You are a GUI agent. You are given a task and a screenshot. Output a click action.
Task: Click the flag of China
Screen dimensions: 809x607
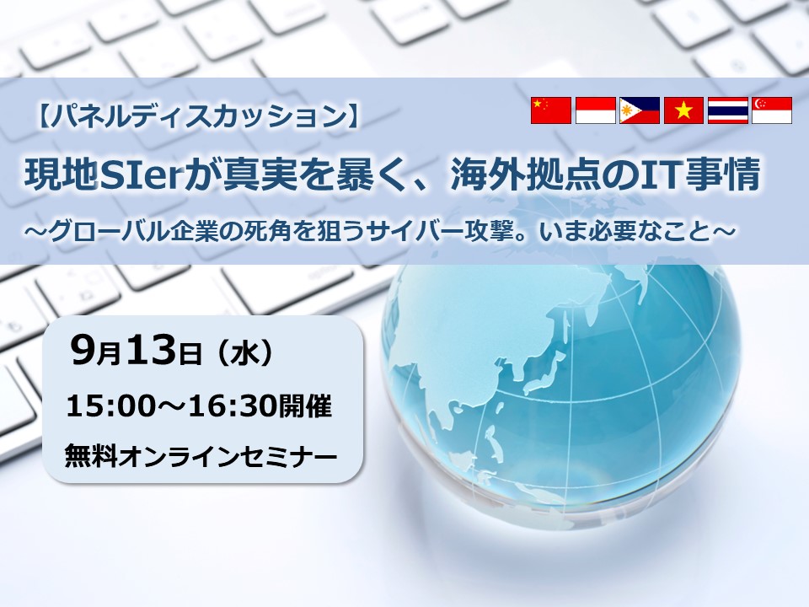tap(550, 110)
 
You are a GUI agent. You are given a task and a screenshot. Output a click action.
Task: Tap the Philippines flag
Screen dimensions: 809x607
tap(640, 110)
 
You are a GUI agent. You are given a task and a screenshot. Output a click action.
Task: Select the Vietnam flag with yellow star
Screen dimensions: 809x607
tap(683, 110)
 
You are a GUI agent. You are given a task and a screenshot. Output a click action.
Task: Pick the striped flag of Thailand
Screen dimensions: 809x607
tap(727, 110)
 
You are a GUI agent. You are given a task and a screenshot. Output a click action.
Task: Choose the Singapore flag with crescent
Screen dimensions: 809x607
tap(772, 110)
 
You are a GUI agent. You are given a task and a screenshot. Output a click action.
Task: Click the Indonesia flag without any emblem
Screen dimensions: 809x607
tap(595, 110)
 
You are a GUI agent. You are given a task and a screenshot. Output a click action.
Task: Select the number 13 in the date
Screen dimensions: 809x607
tap(151, 350)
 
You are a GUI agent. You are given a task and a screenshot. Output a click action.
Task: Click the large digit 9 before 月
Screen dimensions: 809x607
tap(83, 350)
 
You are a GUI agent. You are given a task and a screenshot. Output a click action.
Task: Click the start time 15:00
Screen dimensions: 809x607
tap(111, 406)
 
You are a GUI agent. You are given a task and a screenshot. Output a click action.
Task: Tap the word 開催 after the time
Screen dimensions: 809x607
tap(305, 406)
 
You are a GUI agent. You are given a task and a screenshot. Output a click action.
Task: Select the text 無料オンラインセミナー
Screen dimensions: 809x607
tap(201, 456)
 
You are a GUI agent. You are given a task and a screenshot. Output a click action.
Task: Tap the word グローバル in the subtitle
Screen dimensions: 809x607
tap(108, 232)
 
